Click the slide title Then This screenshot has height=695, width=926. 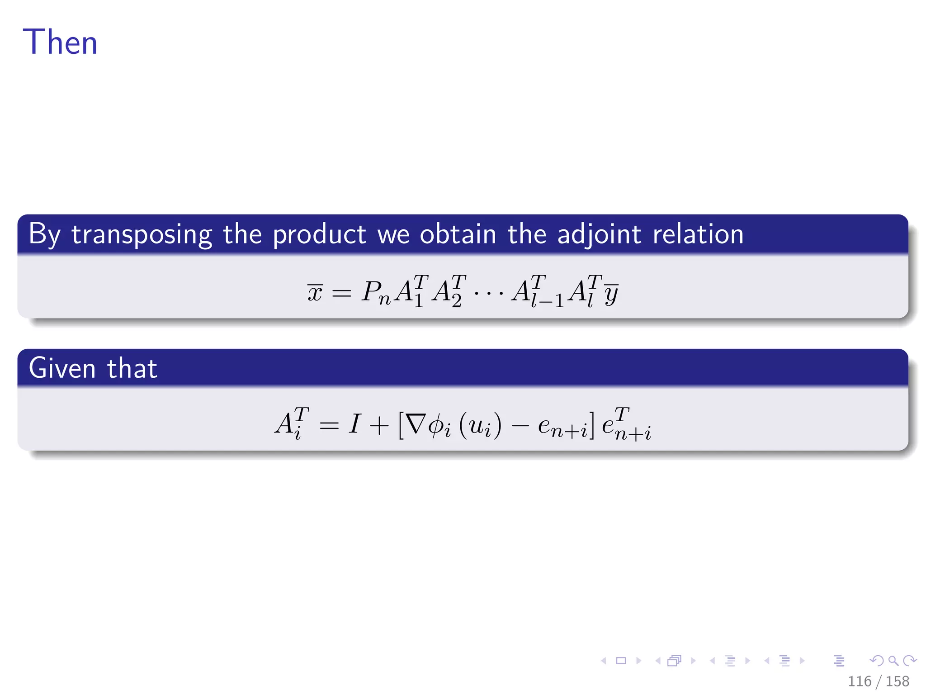tap(60, 42)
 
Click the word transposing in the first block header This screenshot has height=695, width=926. tap(142, 234)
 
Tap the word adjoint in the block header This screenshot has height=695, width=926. tap(599, 234)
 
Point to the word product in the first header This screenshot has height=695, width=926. tap(319, 234)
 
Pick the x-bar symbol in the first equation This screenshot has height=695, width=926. tap(315, 292)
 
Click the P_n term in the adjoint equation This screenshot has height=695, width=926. tap(376, 292)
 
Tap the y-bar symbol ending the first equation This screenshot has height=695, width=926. tap(611, 293)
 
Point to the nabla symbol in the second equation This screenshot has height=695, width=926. tap(416, 424)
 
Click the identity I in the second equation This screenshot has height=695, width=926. tap(354, 424)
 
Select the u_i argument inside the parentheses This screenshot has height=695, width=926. tap(480, 426)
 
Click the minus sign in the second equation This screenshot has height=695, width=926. tap(520, 425)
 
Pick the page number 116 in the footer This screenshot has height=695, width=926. tap(859, 681)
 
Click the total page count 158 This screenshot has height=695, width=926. tap(897, 681)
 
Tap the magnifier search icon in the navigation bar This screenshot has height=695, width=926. tap(893, 661)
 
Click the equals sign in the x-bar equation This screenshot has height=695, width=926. tap(341, 293)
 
